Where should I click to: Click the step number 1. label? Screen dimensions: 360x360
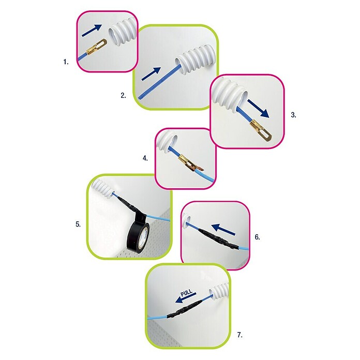[x=66, y=62]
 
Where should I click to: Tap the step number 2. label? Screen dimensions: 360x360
[x=123, y=95]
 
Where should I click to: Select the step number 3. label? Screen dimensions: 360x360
[x=293, y=115]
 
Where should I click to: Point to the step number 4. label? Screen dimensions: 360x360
[x=145, y=158]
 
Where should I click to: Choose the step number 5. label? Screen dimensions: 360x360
[x=78, y=224]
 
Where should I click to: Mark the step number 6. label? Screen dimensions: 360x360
[x=258, y=237]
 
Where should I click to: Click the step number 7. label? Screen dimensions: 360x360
[x=239, y=335]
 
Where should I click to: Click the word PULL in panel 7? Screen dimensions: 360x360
[x=186, y=293]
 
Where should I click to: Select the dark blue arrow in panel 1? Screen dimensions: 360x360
[x=92, y=31]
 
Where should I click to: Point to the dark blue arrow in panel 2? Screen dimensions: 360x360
[x=151, y=73]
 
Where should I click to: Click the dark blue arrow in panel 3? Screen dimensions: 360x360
[x=258, y=109]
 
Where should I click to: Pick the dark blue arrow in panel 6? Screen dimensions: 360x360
[x=223, y=230]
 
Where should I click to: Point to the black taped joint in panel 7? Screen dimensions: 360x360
[x=184, y=308]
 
